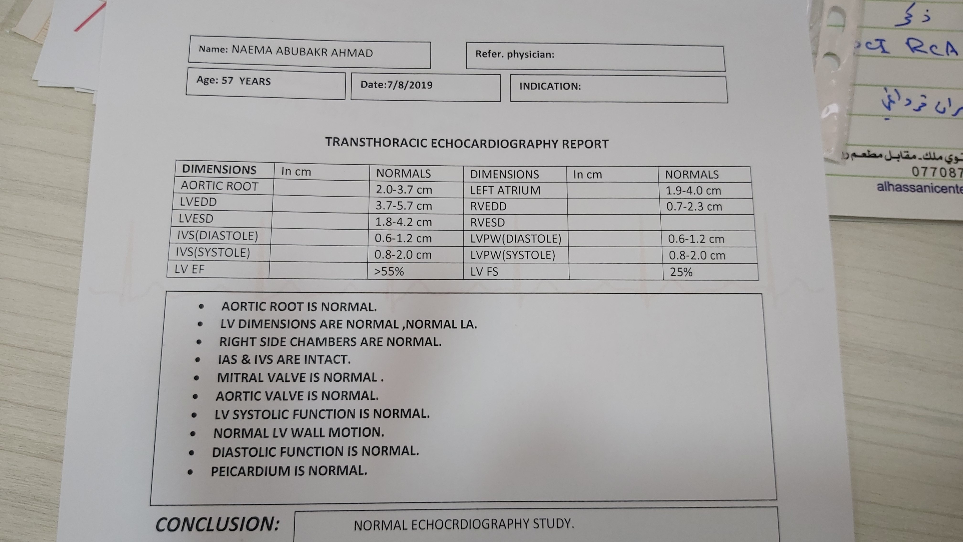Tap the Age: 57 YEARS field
click(233, 81)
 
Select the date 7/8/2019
click(409, 85)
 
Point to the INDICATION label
click(550, 87)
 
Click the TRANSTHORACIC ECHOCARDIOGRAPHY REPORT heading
click(466, 144)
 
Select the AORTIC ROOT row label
click(219, 186)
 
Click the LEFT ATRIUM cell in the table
click(505, 190)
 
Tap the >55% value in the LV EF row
click(389, 271)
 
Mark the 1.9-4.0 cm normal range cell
click(693, 191)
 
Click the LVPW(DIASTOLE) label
click(515, 239)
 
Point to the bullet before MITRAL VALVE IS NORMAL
click(197, 378)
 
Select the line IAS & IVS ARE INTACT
click(284, 359)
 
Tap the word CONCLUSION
click(217, 524)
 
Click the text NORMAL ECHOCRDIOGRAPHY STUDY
click(464, 524)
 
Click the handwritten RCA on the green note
click(931, 48)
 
